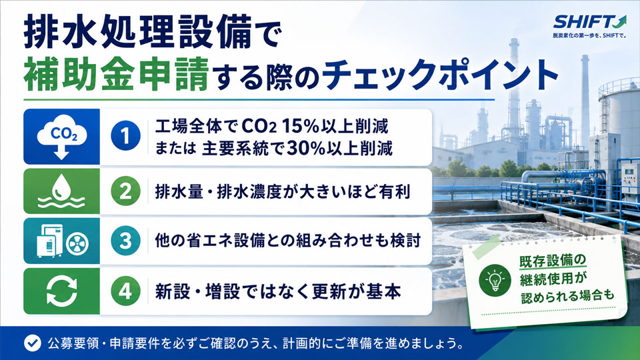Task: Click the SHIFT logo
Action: (x=589, y=21)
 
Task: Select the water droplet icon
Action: (x=61, y=191)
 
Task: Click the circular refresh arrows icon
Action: (x=61, y=291)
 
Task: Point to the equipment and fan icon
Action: (x=61, y=241)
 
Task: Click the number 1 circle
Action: (x=125, y=136)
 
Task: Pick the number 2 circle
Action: (x=125, y=191)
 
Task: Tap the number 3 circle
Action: (x=125, y=241)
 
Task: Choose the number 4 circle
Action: (x=125, y=291)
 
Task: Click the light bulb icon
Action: (x=495, y=279)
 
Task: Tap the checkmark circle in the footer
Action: (x=32, y=343)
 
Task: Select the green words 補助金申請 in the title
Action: (x=116, y=74)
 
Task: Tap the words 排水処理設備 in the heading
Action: (x=137, y=33)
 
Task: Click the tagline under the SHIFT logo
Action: (x=589, y=36)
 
